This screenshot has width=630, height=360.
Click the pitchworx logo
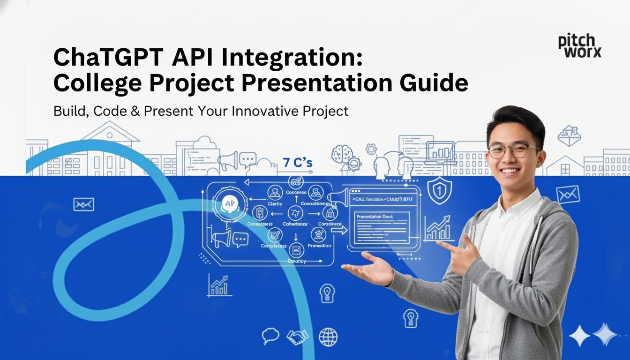click(579, 46)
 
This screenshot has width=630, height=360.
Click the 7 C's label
click(298, 163)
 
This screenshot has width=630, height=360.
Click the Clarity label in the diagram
click(275, 204)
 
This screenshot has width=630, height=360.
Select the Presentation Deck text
click(375, 217)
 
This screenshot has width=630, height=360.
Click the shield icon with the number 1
click(440, 190)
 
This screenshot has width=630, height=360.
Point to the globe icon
click(328, 337)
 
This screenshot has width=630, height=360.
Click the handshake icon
click(298, 336)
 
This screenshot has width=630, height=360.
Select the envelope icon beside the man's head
click(568, 194)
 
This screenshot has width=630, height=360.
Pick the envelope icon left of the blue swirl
click(84, 204)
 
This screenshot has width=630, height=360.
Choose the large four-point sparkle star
click(579, 336)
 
